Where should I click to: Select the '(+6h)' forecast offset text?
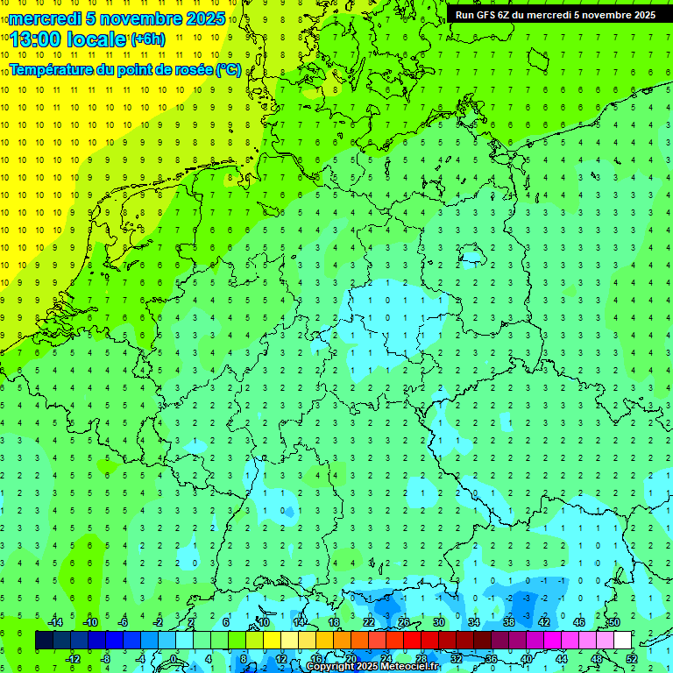coord(147,39)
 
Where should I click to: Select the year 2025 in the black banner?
coord(639,15)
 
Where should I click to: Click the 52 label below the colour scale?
coord(632,659)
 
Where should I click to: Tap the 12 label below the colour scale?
coord(281,659)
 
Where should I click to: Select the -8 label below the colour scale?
coord(106,659)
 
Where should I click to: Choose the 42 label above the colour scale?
coord(544,621)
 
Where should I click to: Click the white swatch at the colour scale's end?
coord(623,641)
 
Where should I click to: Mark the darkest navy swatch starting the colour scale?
coord(44,641)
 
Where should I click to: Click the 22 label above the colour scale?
coord(369,621)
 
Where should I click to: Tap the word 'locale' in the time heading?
coord(94,39)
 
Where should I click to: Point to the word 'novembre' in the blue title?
coord(141,18)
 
